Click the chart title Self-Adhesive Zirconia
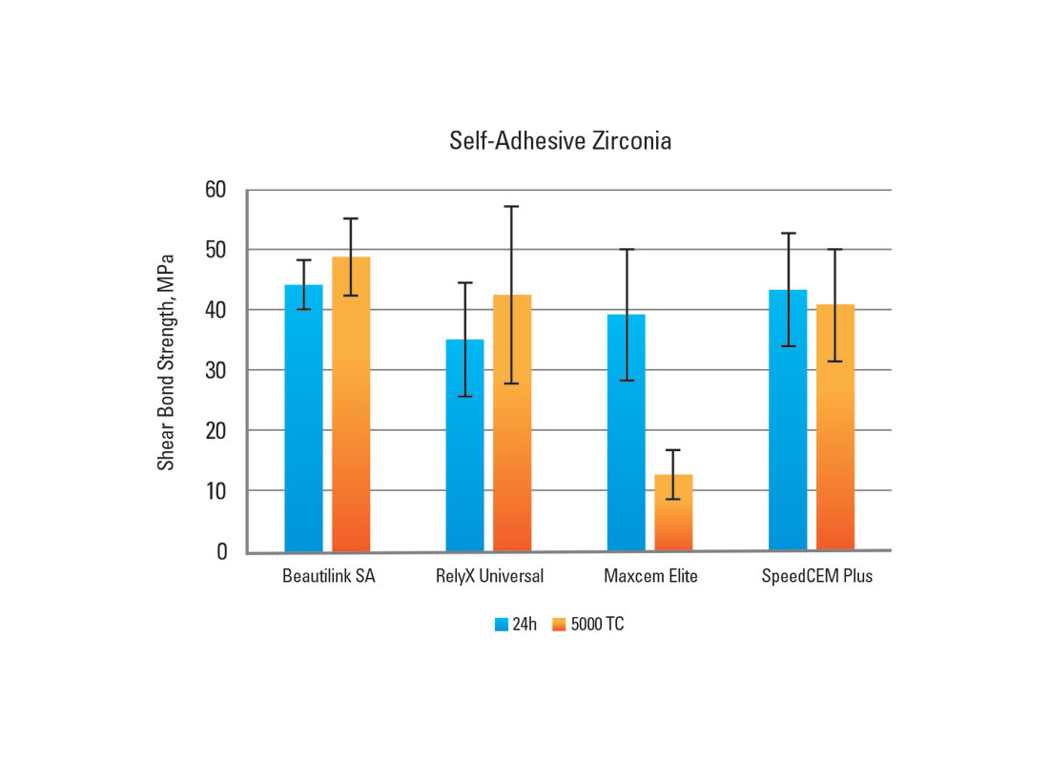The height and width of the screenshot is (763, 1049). click(560, 141)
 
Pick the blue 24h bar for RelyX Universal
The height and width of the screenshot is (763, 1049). click(464, 445)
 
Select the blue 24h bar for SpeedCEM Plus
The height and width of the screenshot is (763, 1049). click(788, 420)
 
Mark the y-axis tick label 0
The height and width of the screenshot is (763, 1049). click(221, 551)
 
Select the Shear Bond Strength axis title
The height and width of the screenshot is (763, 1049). click(166, 361)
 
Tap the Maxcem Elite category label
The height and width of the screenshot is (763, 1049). click(650, 576)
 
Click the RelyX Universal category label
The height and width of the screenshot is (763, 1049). click(489, 576)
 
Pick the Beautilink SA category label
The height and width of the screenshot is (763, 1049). click(328, 576)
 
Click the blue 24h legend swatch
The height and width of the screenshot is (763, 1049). click(502, 625)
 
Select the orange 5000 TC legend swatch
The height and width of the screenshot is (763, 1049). click(559, 625)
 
